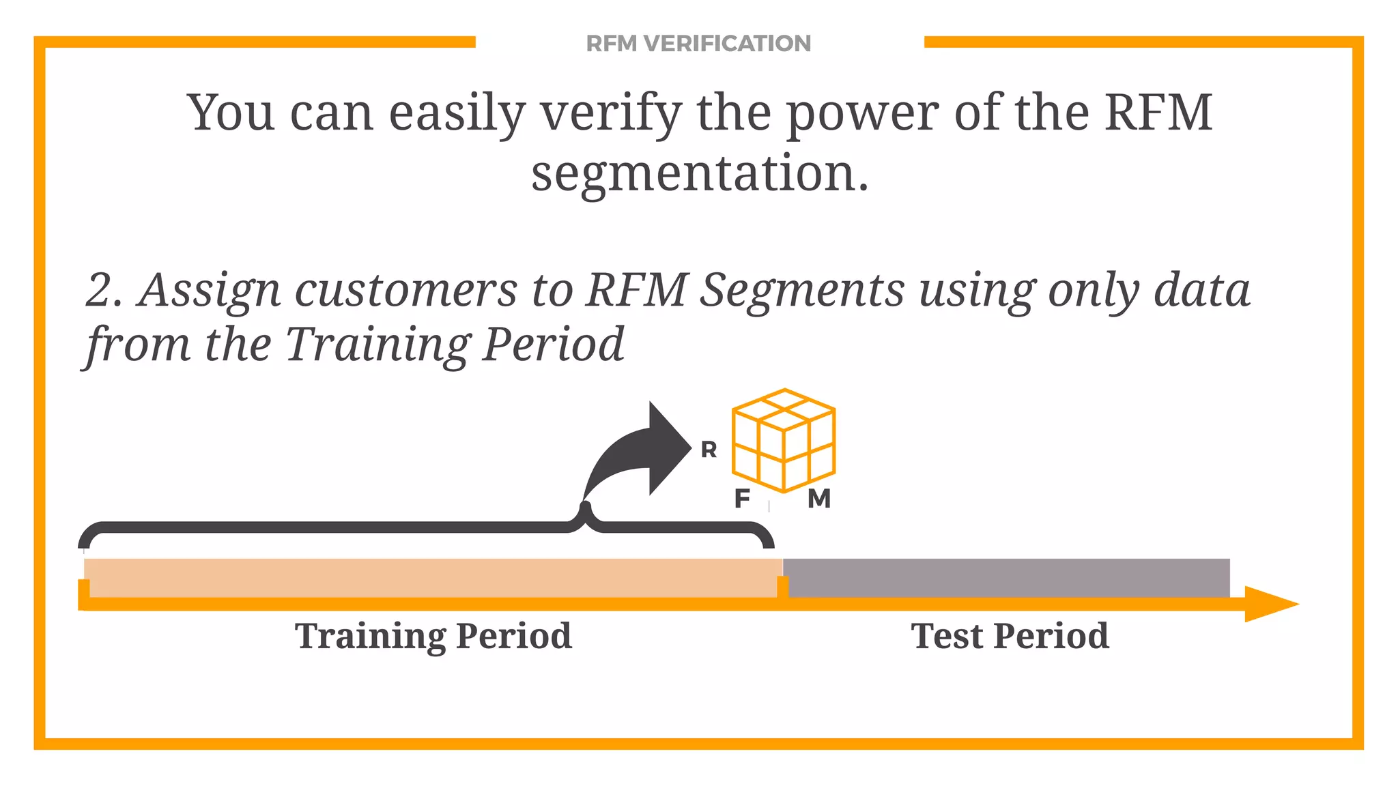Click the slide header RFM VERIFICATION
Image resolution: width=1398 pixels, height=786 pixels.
[x=698, y=44]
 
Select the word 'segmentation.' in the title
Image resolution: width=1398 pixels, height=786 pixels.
[x=700, y=174]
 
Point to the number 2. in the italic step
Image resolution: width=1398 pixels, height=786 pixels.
[x=104, y=291]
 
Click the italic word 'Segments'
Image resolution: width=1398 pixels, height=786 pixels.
[x=803, y=291]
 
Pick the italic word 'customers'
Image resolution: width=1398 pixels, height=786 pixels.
[x=406, y=291]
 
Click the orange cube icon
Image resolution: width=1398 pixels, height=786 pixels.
[x=784, y=440]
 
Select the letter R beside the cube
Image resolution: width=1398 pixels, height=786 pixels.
[x=709, y=450]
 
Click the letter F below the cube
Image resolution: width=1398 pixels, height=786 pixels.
[x=742, y=499]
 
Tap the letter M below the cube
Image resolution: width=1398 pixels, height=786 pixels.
[x=819, y=499]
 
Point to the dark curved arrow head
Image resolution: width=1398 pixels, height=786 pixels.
[x=666, y=448]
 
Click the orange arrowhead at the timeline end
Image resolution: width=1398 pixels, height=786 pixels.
[x=1270, y=604]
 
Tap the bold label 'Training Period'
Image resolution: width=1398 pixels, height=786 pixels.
[x=433, y=636]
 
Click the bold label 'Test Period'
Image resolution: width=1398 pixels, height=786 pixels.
[x=1010, y=636]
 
